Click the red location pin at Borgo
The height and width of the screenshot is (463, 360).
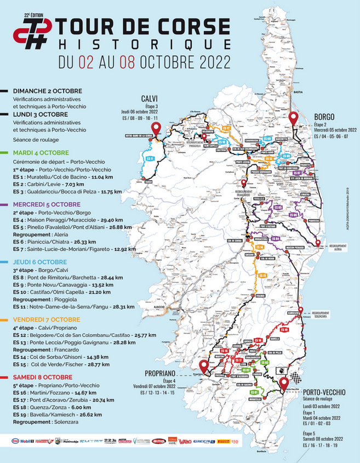point(293,118)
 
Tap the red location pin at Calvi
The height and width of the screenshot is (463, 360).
point(156,129)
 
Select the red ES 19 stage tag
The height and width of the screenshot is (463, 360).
point(284,330)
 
